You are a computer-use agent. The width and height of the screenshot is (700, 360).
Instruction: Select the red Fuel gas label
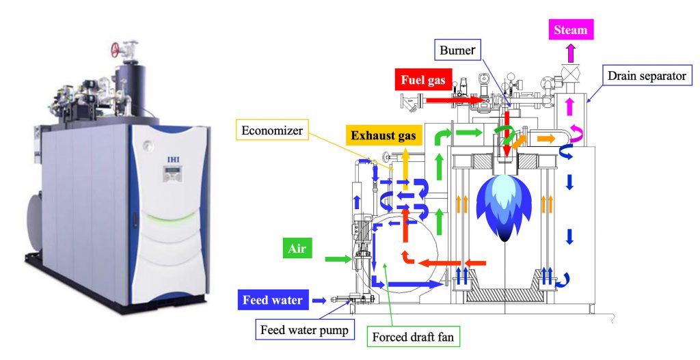422,81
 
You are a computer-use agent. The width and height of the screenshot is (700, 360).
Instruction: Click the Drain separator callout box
645,76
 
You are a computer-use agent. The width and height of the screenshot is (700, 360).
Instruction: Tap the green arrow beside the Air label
336,258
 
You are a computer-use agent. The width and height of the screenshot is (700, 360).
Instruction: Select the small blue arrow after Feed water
318,300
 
